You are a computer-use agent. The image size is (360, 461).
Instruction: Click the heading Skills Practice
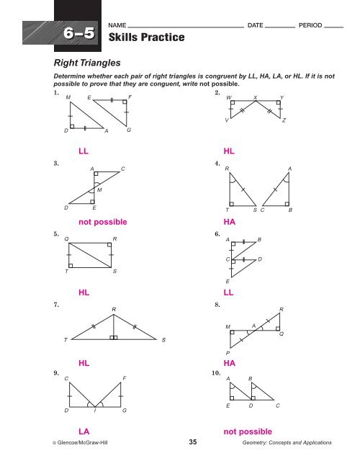coord(146,37)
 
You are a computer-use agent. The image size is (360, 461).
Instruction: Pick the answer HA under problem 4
coord(230,222)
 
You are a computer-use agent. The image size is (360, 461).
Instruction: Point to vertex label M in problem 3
coord(99,190)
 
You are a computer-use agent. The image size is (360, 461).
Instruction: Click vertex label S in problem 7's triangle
coord(163,340)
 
